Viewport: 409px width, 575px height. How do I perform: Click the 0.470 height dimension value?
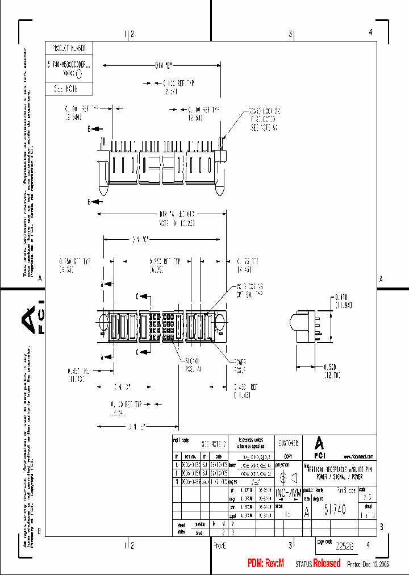(341, 301)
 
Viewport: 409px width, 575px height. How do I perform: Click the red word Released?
(327, 563)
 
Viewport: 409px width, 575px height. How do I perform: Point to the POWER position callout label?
(240, 365)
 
